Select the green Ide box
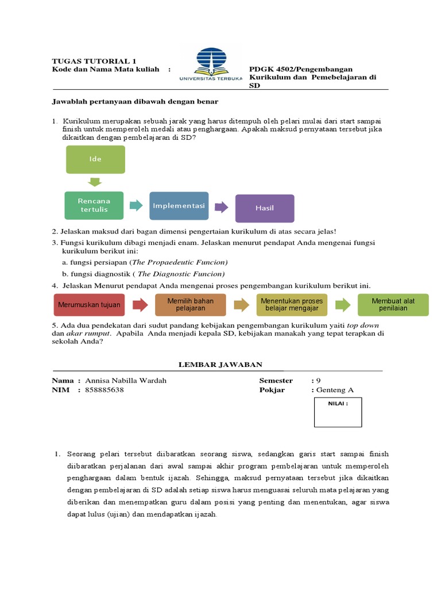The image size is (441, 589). tap(95, 159)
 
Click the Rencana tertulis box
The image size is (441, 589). tap(94, 205)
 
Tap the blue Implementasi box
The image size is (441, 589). tap(179, 206)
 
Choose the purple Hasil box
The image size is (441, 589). tap(265, 208)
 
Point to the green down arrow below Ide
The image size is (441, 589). tap(95, 182)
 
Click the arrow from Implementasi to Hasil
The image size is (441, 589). tap(222, 206)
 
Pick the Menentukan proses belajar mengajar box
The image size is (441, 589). tap(292, 304)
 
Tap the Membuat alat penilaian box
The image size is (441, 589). tap(393, 304)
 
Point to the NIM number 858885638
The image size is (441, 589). tap(104, 389)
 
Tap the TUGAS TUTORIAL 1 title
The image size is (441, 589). tap(94, 61)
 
